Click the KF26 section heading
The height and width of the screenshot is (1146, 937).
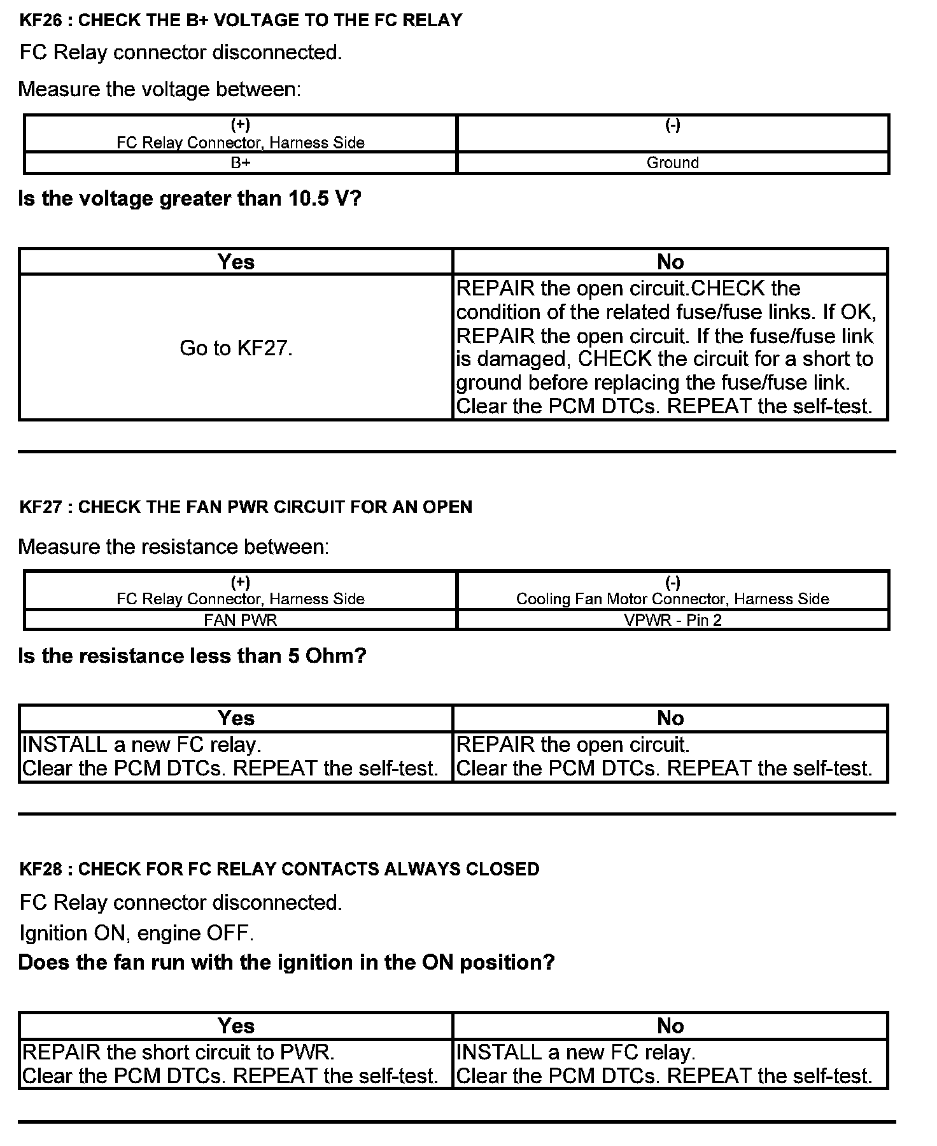pos(241,20)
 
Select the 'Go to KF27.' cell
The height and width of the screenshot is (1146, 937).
pos(236,348)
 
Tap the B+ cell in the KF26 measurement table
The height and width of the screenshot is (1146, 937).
pos(241,163)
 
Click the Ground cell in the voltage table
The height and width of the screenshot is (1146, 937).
pos(672,163)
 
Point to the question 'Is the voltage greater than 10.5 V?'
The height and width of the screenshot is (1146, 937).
pos(190,199)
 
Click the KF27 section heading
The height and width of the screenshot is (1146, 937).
pos(246,507)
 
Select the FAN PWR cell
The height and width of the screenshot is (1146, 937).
pos(241,620)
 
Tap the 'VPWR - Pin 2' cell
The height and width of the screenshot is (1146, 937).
pos(672,620)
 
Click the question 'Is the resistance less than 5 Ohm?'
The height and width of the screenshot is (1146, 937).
pos(192,656)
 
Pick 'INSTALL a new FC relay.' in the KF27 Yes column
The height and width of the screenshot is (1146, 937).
pos(142,745)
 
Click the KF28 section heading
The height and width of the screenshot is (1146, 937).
pos(279,869)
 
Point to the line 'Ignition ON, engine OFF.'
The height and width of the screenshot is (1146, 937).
pos(137,933)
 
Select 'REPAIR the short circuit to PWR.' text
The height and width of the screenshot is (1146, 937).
pos(178,1052)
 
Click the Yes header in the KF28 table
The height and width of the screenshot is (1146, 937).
pos(236,1026)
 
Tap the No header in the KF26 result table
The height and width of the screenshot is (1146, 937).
pos(670,262)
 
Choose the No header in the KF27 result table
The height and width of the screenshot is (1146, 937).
pos(670,718)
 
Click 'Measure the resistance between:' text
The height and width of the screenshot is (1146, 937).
pos(174,547)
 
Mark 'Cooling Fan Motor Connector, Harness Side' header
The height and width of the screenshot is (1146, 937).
pos(672,599)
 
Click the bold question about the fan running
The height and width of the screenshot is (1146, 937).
pos(286,962)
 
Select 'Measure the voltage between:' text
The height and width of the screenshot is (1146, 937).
pos(159,89)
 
